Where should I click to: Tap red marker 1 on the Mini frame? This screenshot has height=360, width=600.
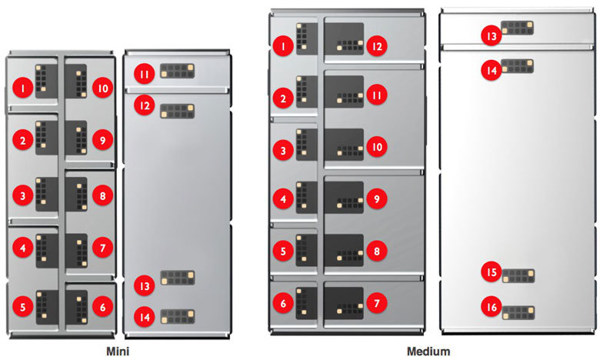(24, 89)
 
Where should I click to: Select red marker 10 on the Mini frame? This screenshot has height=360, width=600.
(102, 88)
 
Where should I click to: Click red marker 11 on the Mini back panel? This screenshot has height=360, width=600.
(143, 74)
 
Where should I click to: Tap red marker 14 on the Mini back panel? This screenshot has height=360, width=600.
(143, 315)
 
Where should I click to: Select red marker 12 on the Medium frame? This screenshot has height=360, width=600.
(375, 46)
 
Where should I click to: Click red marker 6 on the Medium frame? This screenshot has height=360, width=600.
(283, 304)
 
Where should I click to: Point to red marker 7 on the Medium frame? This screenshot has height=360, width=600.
(375, 304)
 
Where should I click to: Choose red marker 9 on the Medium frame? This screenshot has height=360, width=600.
(375, 199)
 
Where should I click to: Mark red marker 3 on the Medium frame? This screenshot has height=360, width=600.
(283, 150)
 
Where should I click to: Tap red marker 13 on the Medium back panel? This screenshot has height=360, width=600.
(490, 35)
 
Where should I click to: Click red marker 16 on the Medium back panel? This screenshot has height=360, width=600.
(490, 307)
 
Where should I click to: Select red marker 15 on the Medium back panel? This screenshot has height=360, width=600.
(490, 272)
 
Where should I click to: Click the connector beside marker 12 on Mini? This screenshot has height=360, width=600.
(176, 110)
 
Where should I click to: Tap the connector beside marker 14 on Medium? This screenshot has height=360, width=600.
(517, 66)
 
